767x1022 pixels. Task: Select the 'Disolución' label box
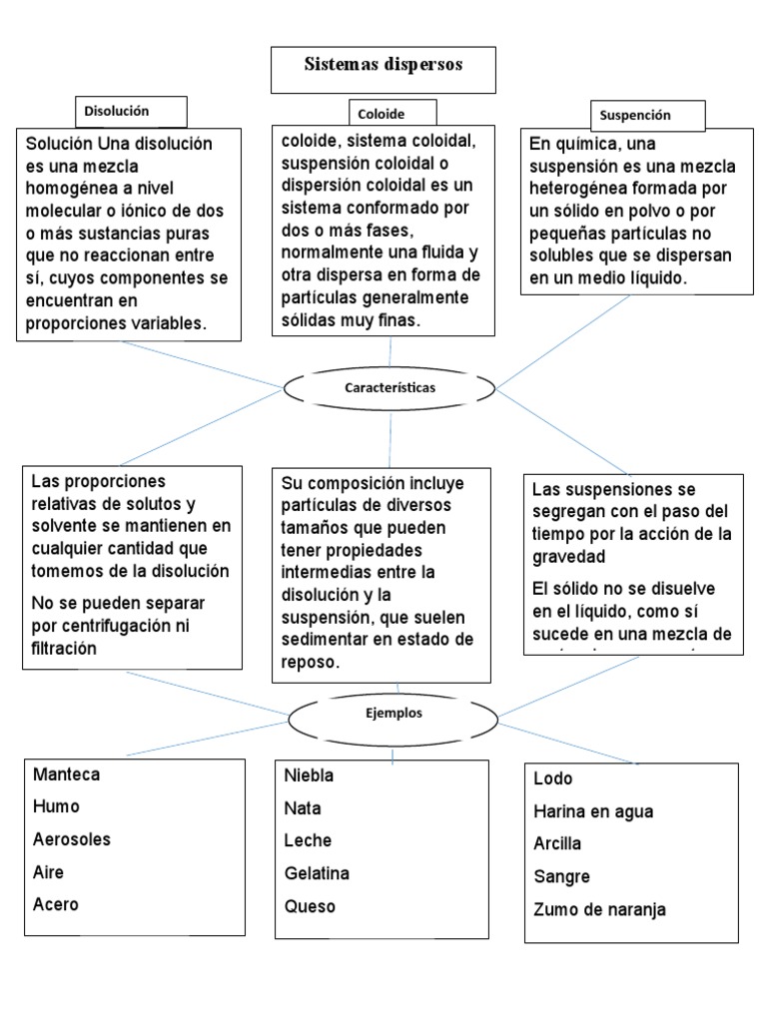(116, 112)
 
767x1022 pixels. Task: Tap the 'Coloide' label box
(379, 114)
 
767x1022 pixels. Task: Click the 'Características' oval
(389, 387)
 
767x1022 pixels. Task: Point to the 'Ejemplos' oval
(393, 714)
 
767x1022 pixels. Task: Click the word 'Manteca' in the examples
(66, 774)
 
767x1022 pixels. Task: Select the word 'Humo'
(56, 806)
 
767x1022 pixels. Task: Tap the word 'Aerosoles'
(72, 839)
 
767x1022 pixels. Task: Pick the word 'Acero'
(56, 905)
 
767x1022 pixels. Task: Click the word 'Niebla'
(309, 775)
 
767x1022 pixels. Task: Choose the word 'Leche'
(308, 840)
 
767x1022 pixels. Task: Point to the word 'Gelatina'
(317, 873)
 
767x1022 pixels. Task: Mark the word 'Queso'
(310, 907)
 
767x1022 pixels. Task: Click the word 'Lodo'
(553, 778)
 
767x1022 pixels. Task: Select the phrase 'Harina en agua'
(593, 812)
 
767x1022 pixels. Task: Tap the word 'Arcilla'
(557, 844)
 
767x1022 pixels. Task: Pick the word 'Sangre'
(561, 877)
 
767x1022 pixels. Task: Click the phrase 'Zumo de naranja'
(599, 910)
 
